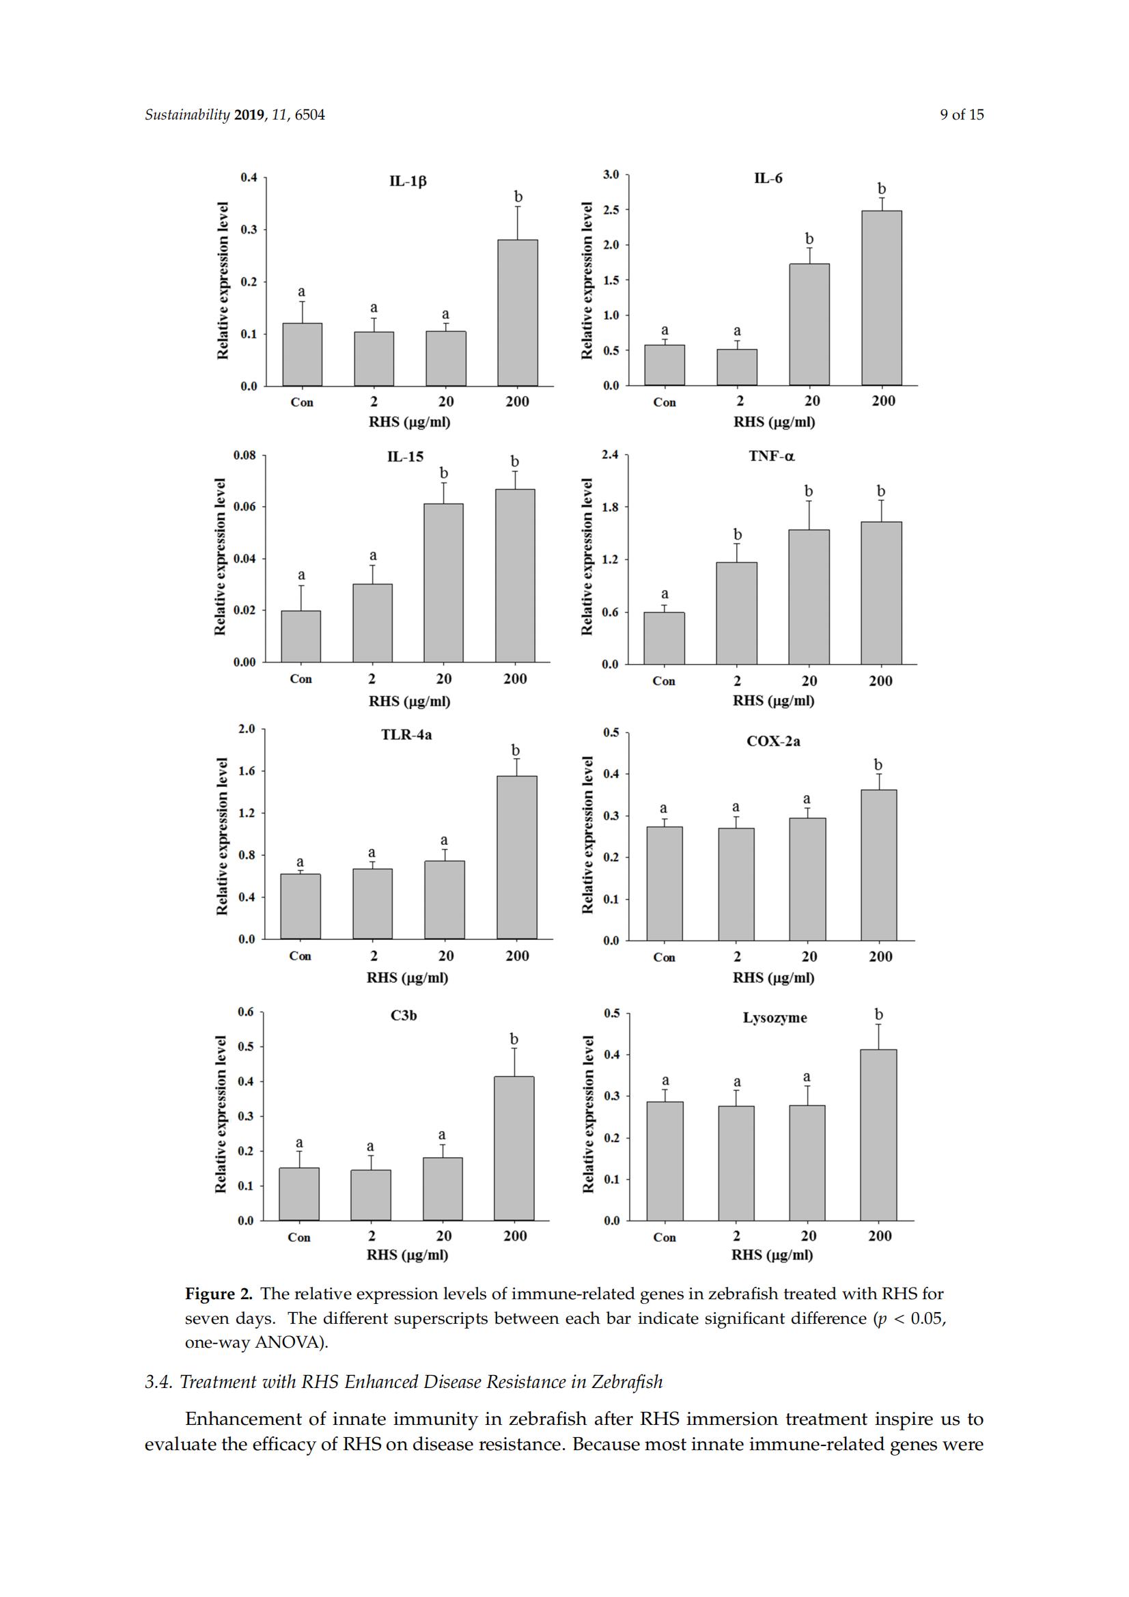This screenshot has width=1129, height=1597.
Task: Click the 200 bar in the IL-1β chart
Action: (x=518, y=312)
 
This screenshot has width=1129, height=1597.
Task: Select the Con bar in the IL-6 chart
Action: (x=665, y=365)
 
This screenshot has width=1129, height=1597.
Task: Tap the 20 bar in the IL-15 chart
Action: (x=443, y=583)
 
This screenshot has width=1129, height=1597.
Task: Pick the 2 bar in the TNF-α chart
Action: (x=737, y=613)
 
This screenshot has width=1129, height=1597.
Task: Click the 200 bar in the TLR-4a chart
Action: (x=517, y=858)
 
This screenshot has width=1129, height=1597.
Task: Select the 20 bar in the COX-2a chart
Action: (x=807, y=879)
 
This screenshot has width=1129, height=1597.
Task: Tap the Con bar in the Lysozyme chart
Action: (x=665, y=1161)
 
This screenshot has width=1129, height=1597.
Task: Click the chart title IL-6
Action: (x=768, y=178)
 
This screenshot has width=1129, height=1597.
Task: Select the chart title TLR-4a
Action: (x=406, y=734)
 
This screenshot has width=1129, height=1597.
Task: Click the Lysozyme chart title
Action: (x=775, y=1018)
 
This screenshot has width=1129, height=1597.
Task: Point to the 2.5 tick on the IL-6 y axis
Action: (x=611, y=210)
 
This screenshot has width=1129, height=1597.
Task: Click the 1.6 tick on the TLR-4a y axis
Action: (x=248, y=770)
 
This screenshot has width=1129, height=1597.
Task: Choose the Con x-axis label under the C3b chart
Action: (x=299, y=1238)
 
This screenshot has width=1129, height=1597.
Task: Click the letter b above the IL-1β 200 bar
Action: (x=518, y=197)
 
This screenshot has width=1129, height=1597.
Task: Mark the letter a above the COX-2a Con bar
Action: (x=664, y=808)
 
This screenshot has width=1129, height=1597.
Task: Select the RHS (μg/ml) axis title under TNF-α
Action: (x=773, y=700)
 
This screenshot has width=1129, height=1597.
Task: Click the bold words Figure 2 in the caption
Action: (x=219, y=1294)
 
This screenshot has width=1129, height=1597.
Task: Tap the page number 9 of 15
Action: (x=962, y=115)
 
